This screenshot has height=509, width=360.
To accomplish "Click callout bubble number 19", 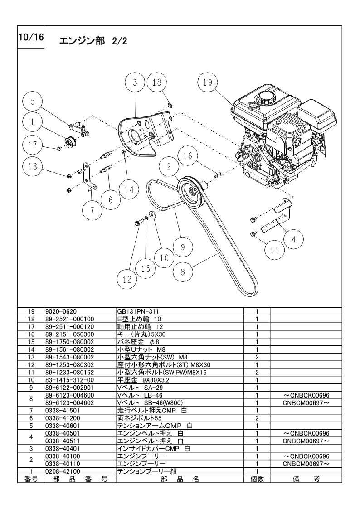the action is coord(208,82).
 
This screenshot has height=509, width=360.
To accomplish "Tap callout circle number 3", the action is coord(135,82).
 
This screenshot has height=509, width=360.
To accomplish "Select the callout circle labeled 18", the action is coord(157,82).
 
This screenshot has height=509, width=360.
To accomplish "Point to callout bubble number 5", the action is coord(33,101).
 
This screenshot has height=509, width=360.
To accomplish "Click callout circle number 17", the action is coord(33,145).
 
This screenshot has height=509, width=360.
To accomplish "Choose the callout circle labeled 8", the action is coord(183,271).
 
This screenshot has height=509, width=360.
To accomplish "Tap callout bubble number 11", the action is coord(275,250).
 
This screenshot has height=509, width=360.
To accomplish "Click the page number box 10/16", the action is coord(31,37).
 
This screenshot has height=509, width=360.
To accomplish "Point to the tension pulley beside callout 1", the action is coord(70,142).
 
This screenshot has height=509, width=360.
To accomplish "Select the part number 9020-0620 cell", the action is coord(80,311).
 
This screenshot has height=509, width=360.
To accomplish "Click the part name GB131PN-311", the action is coord(138,311).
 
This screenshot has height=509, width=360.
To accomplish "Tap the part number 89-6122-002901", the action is coord(69,388).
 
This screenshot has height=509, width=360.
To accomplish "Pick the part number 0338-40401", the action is coord(63,449).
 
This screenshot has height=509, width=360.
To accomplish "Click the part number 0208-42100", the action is coord(63,471).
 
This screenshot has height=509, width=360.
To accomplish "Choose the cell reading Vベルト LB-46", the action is coord(140,395).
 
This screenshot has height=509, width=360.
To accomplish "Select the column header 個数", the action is coord(257,479).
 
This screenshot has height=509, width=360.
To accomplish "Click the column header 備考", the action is coord(306,479).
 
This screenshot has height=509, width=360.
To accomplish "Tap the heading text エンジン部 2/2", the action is coord(93,41).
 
